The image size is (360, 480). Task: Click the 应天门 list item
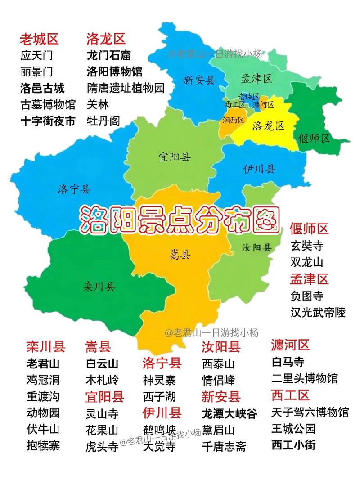click(x=36, y=56)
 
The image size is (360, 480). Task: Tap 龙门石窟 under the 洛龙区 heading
click(x=108, y=56)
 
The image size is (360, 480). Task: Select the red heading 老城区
click(x=39, y=39)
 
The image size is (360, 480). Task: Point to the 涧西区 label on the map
click(x=233, y=120)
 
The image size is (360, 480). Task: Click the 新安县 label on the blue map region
click(x=200, y=81)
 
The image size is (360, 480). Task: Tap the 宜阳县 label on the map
click(x=174, y=157)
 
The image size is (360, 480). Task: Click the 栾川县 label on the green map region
click(x=99, y=286)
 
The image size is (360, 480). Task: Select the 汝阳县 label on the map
click(x=256, y=247)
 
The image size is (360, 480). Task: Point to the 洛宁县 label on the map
click(x=74, y=189)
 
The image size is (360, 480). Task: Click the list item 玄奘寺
click(x=307, y=246)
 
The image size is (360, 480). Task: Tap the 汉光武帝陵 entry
click(x=318, y=312)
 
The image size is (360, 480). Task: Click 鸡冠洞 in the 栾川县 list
click(x=43, y=380)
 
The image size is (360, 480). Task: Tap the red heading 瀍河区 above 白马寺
click(x=290, y=345)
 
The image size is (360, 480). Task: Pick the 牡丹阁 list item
click(x=104, y=121)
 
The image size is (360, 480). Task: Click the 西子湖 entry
click(x=159, y=397)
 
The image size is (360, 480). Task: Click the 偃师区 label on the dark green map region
click(x=315, y=138)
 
